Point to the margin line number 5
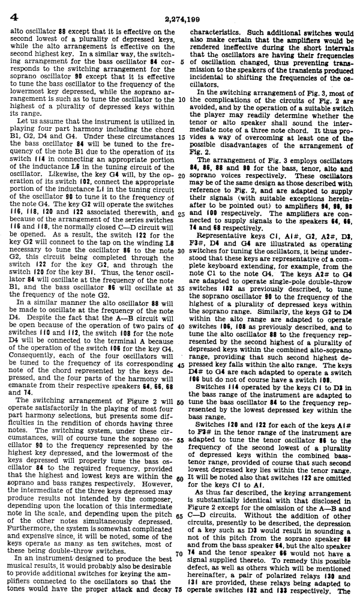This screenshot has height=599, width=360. tap(182, 61)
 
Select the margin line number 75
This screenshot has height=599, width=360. tap(182, 589)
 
